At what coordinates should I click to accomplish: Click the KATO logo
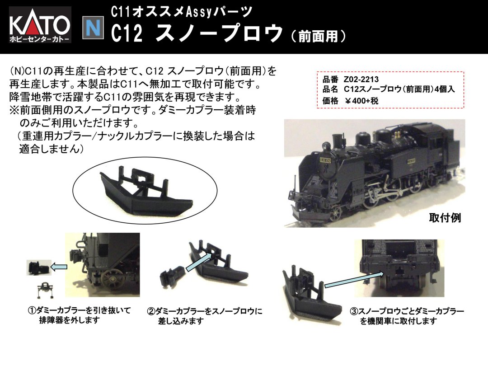click(x=40, y=24)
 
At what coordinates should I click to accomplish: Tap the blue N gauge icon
click(x=93, y=28)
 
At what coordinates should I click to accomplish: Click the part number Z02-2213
click(x=361, y=80)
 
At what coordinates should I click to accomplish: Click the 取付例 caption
click(x=445, y=217)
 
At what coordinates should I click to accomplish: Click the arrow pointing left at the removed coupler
click(x=59, y=267)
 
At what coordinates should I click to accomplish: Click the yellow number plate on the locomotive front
click(x=325, y=160)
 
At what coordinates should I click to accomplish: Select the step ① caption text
click(x=80, y=315)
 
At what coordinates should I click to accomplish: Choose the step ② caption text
click(x=205, y=316)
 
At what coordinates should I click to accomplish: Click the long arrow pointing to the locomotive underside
click(x=354, y=280)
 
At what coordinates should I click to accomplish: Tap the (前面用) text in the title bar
click(x=319, y=36)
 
